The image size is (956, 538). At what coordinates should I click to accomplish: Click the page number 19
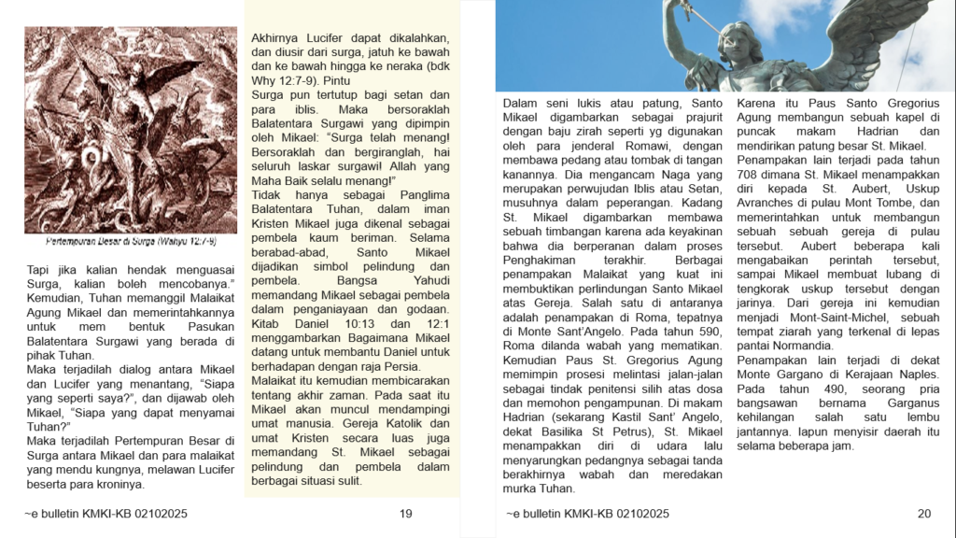click(x=405, y=513)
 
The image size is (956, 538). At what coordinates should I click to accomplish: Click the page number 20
click(x=924, y=513)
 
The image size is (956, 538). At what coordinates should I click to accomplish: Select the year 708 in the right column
click(x=750, y=174)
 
